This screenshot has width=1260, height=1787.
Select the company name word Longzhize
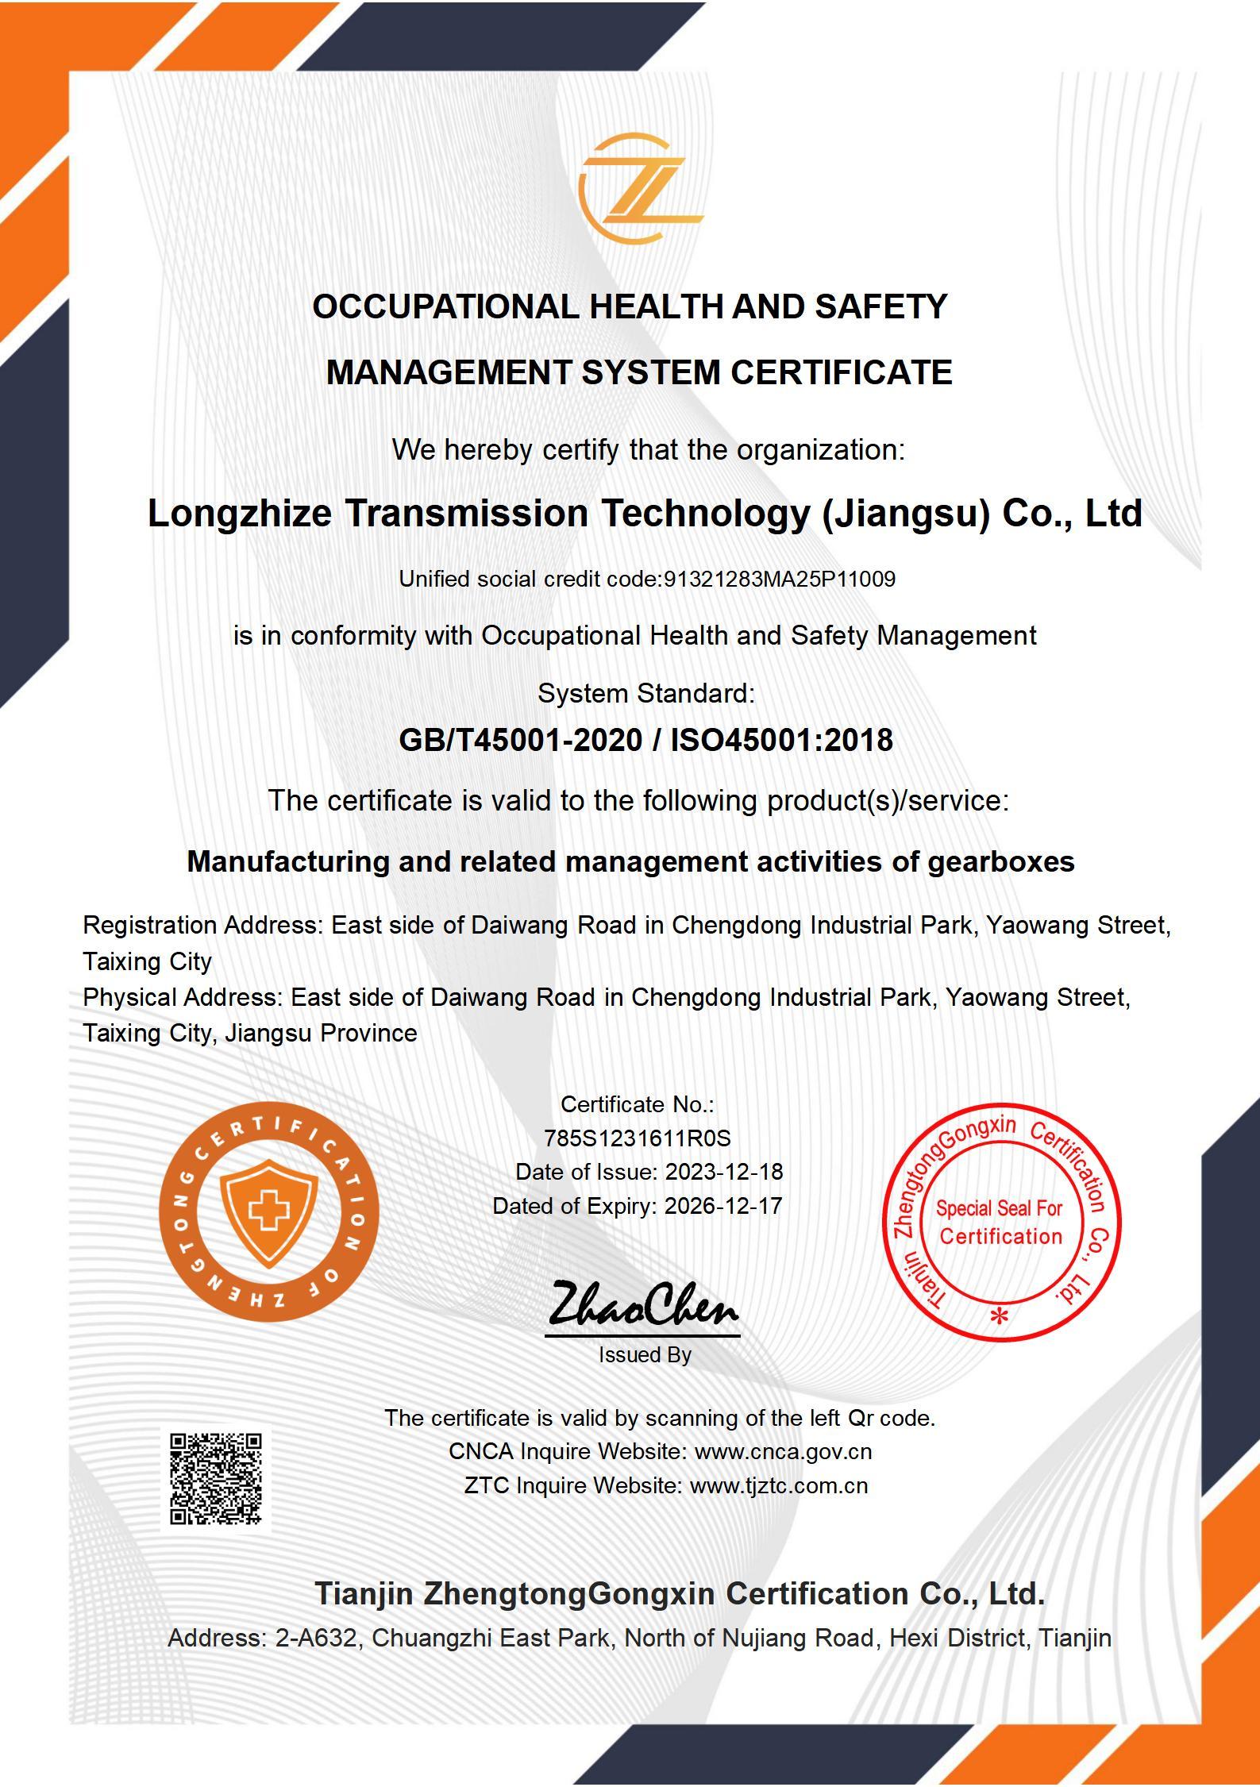239,514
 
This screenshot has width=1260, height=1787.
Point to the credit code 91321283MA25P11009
779,580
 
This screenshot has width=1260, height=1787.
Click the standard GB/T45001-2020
520,740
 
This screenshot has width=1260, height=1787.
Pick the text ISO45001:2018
781,740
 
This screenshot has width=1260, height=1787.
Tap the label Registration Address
202,925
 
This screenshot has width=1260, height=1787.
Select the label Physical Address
182,997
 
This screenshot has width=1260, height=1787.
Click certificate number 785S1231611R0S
637,1138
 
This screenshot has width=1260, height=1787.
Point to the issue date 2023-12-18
723,1172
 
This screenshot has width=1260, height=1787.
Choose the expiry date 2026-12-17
722,1206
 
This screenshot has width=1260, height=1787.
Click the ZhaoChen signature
642,1306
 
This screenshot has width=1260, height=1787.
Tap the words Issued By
645,1354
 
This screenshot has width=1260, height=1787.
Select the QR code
216,1479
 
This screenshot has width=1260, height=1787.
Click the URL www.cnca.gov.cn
783,1451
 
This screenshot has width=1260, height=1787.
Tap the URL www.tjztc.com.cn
778,1485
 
